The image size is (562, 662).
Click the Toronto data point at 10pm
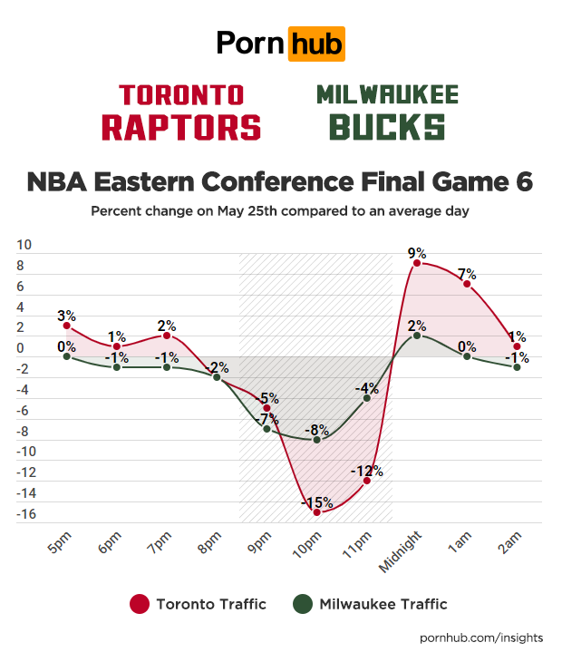pyautogui.click(x=316, y=512)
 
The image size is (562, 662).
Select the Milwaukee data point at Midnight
pyautogui.click(x=416, y=335)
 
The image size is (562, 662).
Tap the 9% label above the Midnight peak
pyautogui.click(x=416, y=252)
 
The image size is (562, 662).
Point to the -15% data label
pyautogui.click(x=316, y=501)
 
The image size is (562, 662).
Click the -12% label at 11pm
pyautogui.click(x=367, y=471)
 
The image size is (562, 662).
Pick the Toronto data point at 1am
pyautogui.click(x=467, y=284)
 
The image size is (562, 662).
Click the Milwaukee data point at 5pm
pyautogui.click(x=67, y=356)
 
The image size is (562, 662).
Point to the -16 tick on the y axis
pyautogui.click(x=27, y=514)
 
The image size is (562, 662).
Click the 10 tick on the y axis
pyautogui.click(x=24, y=245)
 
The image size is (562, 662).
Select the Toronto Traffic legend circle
pyautogui.click(x=140, y=604)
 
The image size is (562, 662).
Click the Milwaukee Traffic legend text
pyautogui.click(x=383, y=604)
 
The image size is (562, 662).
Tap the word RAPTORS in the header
pyautogui.click(x=181, y=126)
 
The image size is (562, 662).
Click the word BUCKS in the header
pyautogui.click(x=387, y=126)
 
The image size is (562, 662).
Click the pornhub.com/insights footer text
pyautogui.click(x=481, y=638)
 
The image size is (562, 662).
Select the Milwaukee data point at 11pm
pyautogui.click(x=367, y=398)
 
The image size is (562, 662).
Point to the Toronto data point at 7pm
pyautogui.click(x=167, y=336)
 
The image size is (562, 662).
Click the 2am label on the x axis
pyautogui.click(x=509, y=546)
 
